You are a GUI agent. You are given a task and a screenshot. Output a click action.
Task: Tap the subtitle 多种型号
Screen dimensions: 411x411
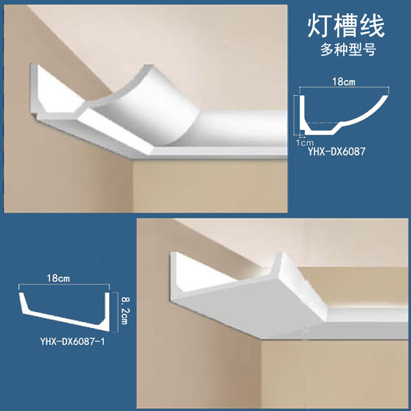[x=345, y=50]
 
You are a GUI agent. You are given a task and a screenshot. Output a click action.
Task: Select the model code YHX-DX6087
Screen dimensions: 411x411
[x=341, y=152]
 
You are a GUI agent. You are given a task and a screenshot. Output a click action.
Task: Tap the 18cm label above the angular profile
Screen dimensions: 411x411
[x=60, y=278]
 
